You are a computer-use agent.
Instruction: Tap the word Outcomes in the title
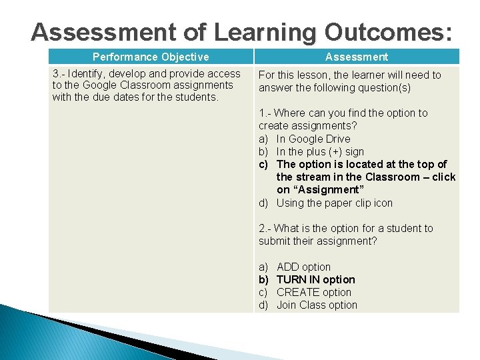pyautogui.click(x=388, y=32)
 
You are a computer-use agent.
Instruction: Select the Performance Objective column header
pyautogui.click(x=151, y=57)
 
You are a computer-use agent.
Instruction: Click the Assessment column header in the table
pyautogui.click(x=357, y=57)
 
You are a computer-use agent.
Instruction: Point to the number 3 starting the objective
pyautogui.click(x=55, y=74)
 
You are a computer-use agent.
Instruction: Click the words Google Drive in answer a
pyautogui.click(x=313, y=139)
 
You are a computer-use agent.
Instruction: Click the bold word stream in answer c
pyautogui.click(x=312, y=177)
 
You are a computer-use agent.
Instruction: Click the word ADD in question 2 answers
pyautogui.click(x=288, y=267)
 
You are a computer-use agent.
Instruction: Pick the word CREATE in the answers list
pyautogui.click(x=297, y=292)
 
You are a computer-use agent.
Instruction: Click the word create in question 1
pyautogui.click(x=273, y=126)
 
